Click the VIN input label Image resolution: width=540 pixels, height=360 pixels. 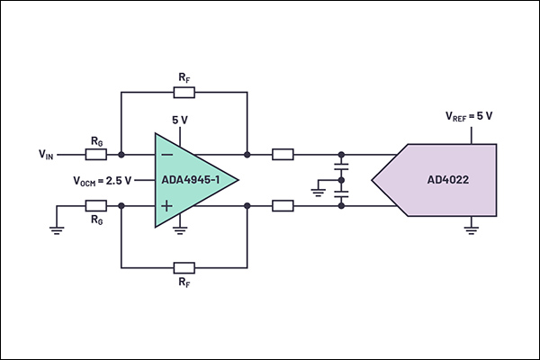pyautogui.click(x=46, y=154)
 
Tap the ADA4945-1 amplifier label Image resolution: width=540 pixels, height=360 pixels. pyautogui.click(x=191, y=180)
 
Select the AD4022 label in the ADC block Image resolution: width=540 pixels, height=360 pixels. pyautogui.click(x=447, y=180)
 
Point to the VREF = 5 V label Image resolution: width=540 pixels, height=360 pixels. pyautogui.click(x=469, y=116)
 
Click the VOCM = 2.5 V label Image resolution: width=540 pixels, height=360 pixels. pyautogui.click(x=103, y=181)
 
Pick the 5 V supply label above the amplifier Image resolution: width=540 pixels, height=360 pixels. pyautogui.click(x=180, y=120)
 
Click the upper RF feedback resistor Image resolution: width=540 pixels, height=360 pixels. pyautogui.click(x=184, y=93)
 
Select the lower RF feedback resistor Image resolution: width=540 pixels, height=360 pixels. pyautogui.click(x=184, y=267)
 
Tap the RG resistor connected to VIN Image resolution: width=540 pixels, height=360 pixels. pyautogui.click(x=96, y=155)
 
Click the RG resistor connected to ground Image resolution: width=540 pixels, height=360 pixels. pyautogui.click(x=96, y=206)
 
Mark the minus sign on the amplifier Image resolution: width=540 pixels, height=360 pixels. pyautogui.click(x=167, y=155)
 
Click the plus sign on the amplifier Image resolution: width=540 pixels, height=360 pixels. pyautogui.click(x=167, y=206)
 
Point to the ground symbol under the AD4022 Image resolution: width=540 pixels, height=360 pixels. pyautogui.click(x=471, y=230)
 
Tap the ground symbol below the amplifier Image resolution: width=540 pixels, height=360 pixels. pyautogui.click(x=180, y=230)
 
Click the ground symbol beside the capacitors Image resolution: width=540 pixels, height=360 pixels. pyautogui.click(x=318, y=193)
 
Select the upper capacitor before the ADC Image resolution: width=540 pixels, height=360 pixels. pyautogui.click(x=341, y=167)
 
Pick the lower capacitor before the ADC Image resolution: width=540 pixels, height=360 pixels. pyautogui.click(x=341, y=193)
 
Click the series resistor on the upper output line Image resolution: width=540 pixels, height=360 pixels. pyautogui.click(x=283, y=155)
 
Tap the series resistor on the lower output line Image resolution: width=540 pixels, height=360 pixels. pyautogui.click(x=283, y=206)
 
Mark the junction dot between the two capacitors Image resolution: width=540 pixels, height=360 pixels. pyautogui.click(x=341, y=180)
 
